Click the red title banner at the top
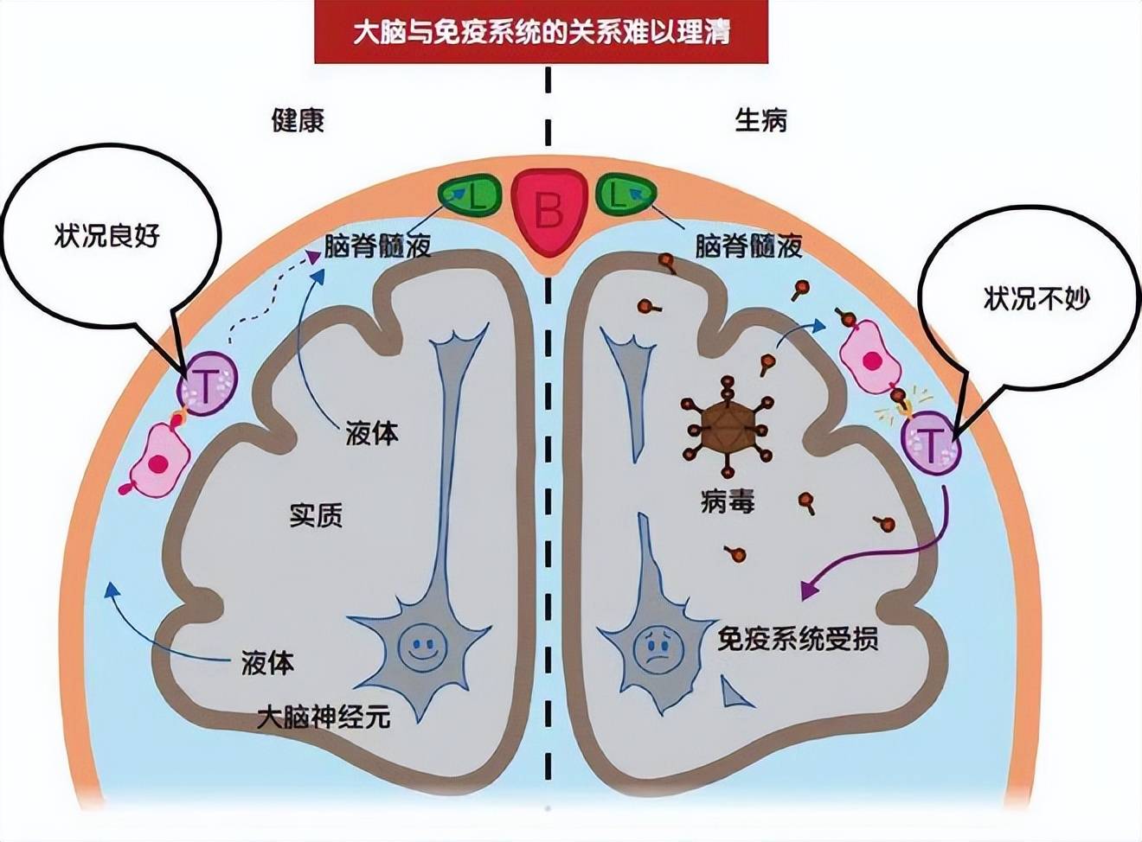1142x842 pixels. (541, 33)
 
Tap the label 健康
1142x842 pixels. (298, 120)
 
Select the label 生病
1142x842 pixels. (760, 120)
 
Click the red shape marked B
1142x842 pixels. (548, 210)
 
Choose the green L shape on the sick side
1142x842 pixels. (624, 195)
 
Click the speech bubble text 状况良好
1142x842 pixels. (107, 236)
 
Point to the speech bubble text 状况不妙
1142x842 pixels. (1036, 299)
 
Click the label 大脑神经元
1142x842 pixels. (324, 717)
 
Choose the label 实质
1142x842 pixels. (316, 515)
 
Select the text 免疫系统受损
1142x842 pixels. (798, 639)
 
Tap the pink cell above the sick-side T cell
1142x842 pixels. (872, 357)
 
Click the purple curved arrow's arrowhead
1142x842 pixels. (807, 590)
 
